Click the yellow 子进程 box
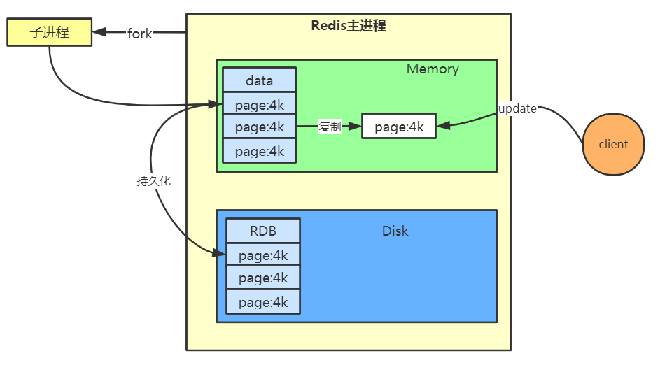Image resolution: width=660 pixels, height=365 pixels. click(49, 32)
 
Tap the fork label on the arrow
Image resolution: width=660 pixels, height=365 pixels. click(140, 34)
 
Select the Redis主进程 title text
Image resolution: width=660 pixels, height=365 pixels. click(349, 26)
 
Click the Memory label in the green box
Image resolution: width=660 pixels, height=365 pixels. click(433, 69)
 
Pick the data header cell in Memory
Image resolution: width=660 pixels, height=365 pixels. click(259, 80)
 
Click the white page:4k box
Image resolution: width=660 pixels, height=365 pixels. click(399, 126)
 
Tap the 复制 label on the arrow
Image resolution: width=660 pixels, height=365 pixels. click(330, 126)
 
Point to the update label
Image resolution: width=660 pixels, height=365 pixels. click(517, 108)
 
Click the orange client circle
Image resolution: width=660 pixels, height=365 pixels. click(614, 144)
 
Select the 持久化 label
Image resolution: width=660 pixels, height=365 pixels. click(154, 181)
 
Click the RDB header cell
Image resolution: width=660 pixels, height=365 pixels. click(263, 231)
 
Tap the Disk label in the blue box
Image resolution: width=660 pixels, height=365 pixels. click(395, 231)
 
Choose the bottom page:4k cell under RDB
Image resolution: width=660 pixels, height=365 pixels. click(263, 302)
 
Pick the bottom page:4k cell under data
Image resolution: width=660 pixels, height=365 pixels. click(259, 151)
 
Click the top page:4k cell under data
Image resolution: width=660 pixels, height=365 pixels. click(259, 104)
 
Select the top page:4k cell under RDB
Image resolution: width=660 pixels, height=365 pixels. click(263, 255)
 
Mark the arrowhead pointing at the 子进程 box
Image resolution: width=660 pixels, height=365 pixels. click(99, 32)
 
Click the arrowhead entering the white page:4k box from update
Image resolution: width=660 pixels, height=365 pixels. click(444, 125)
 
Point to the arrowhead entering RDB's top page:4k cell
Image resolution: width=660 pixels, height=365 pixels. click(219, 252)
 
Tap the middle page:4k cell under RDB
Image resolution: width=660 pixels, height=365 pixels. click(263, 278)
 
